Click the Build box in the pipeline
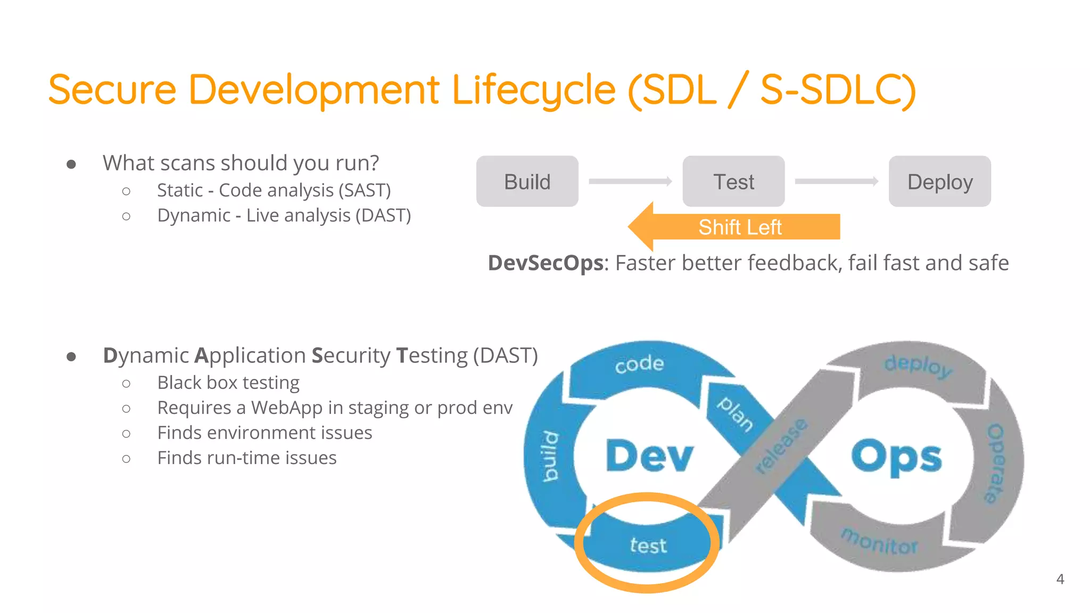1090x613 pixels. coord(527,181)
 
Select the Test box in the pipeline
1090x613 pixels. coord(733,181)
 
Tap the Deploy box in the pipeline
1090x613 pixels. coord(940,181)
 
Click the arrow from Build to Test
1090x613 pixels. coord(630,181)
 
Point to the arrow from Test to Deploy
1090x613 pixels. coord(836,181)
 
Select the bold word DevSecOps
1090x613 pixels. coord(546,263)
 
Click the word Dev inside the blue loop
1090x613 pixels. coord(649,455)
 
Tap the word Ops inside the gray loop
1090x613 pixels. coord(896,455)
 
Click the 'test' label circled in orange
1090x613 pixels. coord(648,545)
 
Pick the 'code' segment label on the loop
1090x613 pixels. coord(639,364)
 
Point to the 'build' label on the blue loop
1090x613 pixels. coord(550,457)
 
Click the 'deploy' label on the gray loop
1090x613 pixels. coord(918,366)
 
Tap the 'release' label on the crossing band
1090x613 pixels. coord(781,446)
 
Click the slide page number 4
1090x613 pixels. coord(1060,579)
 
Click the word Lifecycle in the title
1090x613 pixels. coord(534,89)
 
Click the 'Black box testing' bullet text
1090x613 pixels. coord(228,383)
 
